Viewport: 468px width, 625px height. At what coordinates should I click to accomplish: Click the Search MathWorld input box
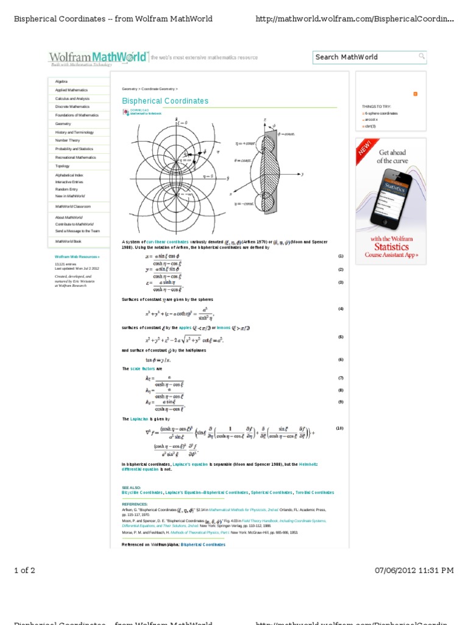(x=364, y=57)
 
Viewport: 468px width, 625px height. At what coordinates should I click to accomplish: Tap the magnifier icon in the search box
(x=421, y=57)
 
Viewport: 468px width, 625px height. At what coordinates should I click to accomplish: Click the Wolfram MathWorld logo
(x=97, y=58)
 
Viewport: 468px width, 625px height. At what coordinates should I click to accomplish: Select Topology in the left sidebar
(x=63, y=166)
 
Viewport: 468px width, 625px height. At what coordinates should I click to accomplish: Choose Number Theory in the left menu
(x=68, y=140)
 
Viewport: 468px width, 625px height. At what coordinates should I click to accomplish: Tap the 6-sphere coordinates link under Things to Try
(x=382, y=114)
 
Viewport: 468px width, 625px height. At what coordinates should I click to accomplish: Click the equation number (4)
(x=341, y=309)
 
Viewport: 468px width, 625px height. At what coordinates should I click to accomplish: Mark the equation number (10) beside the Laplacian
(x=340, y=428)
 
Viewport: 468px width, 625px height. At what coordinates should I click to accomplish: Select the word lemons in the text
(x=224, y=328)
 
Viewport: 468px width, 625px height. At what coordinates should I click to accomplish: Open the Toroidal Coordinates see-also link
(x=315, y=492)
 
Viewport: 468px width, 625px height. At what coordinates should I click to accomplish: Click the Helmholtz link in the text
(x=308, y=464)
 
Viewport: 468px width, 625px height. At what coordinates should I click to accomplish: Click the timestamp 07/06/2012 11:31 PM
(x=414, y=570)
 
